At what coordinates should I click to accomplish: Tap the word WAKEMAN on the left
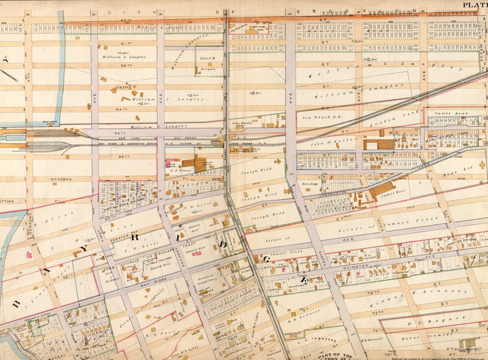click(x=61, y=179)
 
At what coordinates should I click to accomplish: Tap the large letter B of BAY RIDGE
click(x=16, y=303)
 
